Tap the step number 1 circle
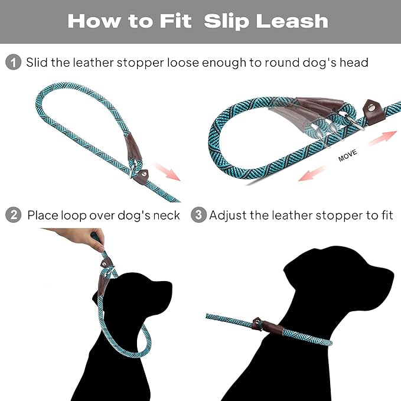13,62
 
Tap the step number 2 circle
13,215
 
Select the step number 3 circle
198,215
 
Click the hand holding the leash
83,237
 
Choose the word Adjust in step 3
228,215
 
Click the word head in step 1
353,63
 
